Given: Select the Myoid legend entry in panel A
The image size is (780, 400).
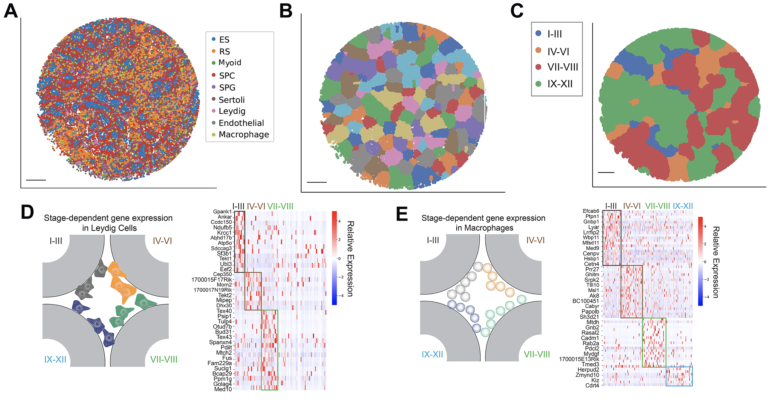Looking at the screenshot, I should point(230,63).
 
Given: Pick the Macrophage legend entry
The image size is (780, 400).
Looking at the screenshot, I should point(244,134).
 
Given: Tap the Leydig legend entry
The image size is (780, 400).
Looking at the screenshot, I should point(232,111).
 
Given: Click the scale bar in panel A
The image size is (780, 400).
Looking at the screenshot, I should point(36,180).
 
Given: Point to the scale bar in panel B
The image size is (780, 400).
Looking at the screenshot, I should point(316,182).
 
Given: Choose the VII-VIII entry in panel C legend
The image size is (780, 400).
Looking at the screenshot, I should point(562,67).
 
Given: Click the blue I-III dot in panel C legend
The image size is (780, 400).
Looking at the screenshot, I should point(538,33).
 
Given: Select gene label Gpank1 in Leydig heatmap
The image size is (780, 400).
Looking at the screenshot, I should point(222,212).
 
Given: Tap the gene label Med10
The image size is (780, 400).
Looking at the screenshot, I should point(223,389).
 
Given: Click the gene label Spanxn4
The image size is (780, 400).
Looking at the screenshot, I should point(220,342).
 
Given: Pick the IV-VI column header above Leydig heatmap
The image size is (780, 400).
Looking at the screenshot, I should point(256,206).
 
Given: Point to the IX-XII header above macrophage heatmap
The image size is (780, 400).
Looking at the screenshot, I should point(682,206).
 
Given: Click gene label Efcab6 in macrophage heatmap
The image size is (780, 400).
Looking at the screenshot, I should point(591,211).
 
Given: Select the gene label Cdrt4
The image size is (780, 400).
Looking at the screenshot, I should point(592,386).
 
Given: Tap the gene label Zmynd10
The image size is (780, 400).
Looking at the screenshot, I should point(587,375).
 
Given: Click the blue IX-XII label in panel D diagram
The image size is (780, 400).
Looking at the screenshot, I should point(55,359).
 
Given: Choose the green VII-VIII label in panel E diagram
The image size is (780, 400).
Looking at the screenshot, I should point(537,354).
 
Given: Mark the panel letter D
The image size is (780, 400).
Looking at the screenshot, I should point(27,212).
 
